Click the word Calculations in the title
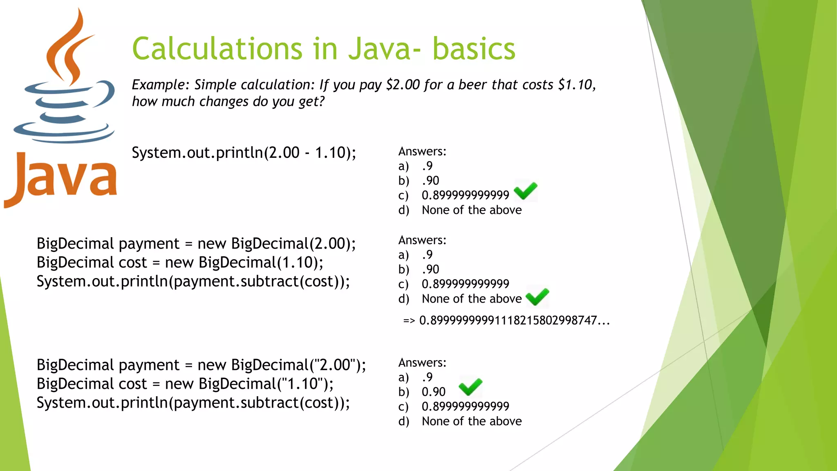coord(217,49)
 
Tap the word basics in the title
coord(474,49)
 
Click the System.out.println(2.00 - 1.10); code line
coord(244,153)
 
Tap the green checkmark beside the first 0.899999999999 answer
coord(526,191)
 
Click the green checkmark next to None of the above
coord(537,297)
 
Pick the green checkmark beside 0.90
coord(470,387)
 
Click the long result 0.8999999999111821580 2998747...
coord(514,321)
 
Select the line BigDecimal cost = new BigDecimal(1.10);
coord(180,262)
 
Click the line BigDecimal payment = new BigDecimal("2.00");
coord(201,365)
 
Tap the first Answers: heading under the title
coord(422,152)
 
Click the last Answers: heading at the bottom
coord(422,363)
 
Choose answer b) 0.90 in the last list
coord(433,392)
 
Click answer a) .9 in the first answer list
coord(427,166)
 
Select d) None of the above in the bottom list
coord(471,422)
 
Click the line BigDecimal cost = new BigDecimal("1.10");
coord(185,384)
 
